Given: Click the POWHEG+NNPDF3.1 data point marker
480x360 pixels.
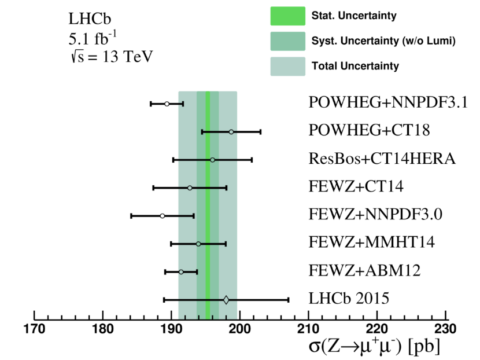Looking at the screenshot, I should [167, 104].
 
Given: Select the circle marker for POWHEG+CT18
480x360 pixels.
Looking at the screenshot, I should [231, 132].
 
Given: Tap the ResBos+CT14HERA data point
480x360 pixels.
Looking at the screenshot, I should [212, 160].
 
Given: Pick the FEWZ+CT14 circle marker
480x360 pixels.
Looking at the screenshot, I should [190, 188].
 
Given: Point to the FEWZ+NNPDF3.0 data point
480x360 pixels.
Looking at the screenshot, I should [163, 216].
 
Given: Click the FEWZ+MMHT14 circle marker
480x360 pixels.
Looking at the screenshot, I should [198, 244].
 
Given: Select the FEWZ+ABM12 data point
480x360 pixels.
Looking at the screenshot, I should [181, 271].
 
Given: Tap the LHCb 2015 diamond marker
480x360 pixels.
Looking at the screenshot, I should [226, 299].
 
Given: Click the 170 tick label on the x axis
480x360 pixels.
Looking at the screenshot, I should [35, 332].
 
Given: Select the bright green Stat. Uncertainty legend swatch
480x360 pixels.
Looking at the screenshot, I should [287, 16].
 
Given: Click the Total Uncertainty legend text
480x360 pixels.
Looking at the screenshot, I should [355, 66].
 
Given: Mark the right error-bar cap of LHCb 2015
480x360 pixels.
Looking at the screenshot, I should [288, 299].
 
